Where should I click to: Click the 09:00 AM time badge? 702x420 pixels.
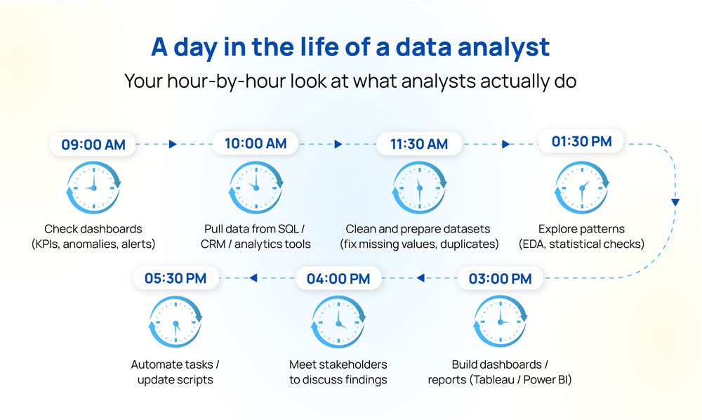point(93,145)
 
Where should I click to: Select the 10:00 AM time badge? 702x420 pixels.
point(256,144)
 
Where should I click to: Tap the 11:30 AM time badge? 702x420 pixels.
point(418,144)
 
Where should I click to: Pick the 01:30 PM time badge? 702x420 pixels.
point(582,142)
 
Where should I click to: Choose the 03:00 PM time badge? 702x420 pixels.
point(500,279)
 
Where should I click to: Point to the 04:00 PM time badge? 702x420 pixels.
point(338,279)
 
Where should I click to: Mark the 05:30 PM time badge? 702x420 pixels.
point(175,279)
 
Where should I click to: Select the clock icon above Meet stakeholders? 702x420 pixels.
point(338,323)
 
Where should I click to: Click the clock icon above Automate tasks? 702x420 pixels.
point(175,323)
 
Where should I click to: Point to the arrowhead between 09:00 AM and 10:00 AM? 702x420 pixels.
point(173,144)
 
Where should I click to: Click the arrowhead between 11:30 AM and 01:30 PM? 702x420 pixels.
point(505,144)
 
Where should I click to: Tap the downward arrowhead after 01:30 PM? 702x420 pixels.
point(675,202)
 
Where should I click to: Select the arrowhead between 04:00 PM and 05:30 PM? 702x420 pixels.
point(253,278)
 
